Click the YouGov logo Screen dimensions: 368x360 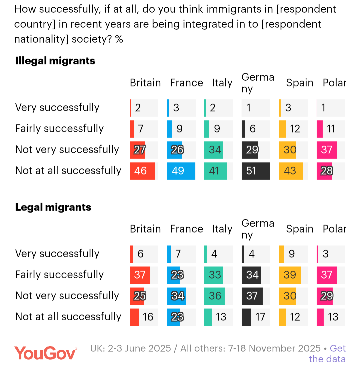45,353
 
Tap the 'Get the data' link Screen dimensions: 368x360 327,354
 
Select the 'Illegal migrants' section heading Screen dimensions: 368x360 55,61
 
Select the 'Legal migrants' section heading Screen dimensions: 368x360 53,207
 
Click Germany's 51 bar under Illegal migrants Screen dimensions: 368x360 256,171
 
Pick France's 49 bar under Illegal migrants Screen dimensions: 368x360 181,171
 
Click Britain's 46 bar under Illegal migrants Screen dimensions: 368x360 142,171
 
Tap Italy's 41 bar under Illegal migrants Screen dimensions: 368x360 216,171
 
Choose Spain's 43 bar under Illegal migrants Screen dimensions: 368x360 291,171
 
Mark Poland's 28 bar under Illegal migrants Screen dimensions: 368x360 325,171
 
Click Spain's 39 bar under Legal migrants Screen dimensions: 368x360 290,275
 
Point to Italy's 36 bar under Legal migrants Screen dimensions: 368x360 215,296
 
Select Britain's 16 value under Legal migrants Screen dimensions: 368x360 148,317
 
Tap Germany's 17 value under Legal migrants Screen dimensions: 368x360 260,317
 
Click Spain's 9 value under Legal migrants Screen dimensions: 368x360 292,254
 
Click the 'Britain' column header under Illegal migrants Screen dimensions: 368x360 145,83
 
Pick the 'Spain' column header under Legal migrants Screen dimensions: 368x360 300,229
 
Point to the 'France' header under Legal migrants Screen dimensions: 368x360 186,229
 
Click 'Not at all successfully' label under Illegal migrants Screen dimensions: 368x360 68,170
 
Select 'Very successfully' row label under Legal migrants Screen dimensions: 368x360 57,254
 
